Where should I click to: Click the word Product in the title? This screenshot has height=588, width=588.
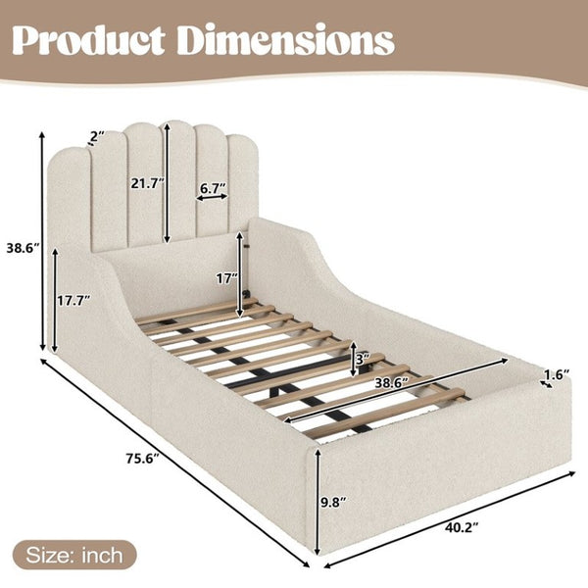coord(88,40)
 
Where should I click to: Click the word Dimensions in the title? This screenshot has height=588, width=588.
coord(286,39)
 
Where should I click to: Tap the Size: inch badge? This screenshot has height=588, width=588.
coord(74,556)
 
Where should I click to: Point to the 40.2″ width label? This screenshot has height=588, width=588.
coord(462,527)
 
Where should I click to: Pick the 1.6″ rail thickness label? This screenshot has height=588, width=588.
coord(557,374)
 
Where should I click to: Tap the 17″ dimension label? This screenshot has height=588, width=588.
coord(227,278)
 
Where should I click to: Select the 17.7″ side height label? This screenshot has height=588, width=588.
coord(74,301)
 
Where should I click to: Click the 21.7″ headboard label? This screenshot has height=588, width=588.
coord(147,183)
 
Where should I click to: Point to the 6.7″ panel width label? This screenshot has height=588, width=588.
coord(213,188)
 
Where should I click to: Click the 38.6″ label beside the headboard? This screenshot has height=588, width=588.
coord(23,248)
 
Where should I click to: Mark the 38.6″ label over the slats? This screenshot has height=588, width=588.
coord(392,382)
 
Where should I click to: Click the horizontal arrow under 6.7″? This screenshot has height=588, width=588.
coord(213,197)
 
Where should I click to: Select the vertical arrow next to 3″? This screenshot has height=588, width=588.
coord(353,360)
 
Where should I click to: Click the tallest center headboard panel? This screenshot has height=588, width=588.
coord(176,181)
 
